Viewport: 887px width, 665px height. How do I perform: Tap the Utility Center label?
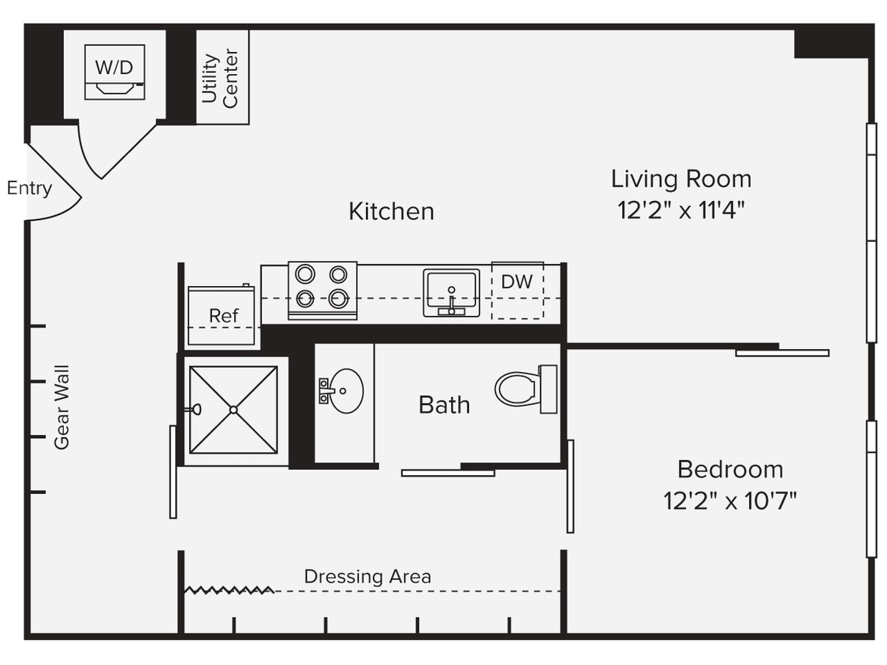click(x=220, y=77)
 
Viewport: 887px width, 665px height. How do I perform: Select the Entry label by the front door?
click(x=29, y=188)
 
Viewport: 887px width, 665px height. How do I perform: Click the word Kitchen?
click(x=391, y=211)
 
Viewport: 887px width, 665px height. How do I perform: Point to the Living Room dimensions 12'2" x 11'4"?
click(x=680, y=210)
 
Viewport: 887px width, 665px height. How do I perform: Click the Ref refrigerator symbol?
click(x=222, y=315)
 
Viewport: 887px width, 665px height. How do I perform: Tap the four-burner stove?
click(x=322, y=290)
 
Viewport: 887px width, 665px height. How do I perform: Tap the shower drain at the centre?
click(x=233, y=410)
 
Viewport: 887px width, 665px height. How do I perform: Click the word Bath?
click(x=444, y=405)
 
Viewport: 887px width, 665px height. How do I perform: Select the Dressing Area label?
click(x=367, y=577)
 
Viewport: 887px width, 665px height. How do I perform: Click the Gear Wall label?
click(x=61, y=407)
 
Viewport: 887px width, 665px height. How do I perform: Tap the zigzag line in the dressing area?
click(x=229, y=589)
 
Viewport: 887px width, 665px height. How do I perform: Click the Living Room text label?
click(x=680, y=179)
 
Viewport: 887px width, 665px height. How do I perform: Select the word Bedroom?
click(x=730, y=470)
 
